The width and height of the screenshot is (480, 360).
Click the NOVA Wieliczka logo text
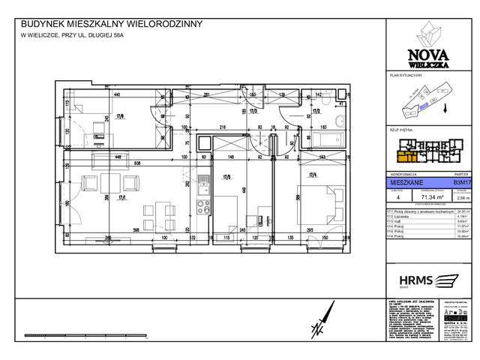pos(424,56)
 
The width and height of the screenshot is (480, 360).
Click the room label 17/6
pos(120,116)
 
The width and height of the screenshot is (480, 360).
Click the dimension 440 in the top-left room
pos(117,95)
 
